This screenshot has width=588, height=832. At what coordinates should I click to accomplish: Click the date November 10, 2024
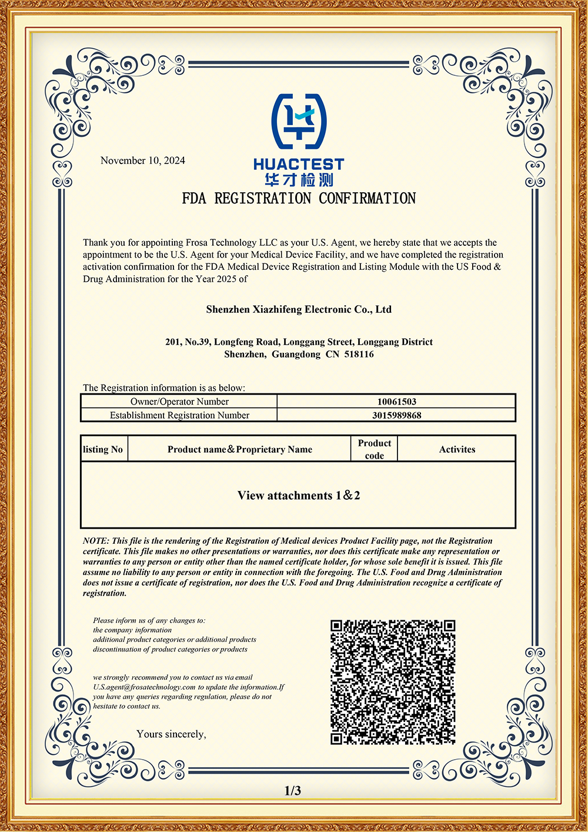pos(142,161)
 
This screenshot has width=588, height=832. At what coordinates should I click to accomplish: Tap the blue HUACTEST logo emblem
pos(299,121)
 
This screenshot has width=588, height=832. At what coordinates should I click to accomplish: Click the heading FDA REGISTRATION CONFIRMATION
pos(299,199)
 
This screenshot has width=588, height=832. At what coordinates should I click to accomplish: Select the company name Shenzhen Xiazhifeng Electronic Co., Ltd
pos(299,309)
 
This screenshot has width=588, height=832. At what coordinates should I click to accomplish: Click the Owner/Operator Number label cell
pos(179,402)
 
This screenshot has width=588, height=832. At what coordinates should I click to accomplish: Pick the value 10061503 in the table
pos(396,402)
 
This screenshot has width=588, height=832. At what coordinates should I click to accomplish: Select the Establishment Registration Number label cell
pos(179,415)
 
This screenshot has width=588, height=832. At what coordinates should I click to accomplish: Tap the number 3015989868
pos(396,415)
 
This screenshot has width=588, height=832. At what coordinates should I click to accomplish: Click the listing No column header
pos(103,449)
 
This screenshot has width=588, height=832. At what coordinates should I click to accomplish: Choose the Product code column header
pos(374,449)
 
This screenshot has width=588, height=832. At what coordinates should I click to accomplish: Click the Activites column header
pos(457,449)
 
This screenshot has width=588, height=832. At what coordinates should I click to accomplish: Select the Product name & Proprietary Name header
pos(239,449)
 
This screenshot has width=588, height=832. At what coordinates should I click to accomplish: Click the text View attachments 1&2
pos(299,496)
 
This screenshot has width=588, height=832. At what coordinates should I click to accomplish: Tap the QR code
pos(393,682)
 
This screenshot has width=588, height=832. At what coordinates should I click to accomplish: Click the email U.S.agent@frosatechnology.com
pos(144,687)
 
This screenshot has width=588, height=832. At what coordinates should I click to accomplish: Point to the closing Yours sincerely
pos(171,734)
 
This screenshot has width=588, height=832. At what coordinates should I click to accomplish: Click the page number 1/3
pos(293,791)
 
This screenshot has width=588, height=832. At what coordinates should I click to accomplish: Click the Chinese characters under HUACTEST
pos(299,180)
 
